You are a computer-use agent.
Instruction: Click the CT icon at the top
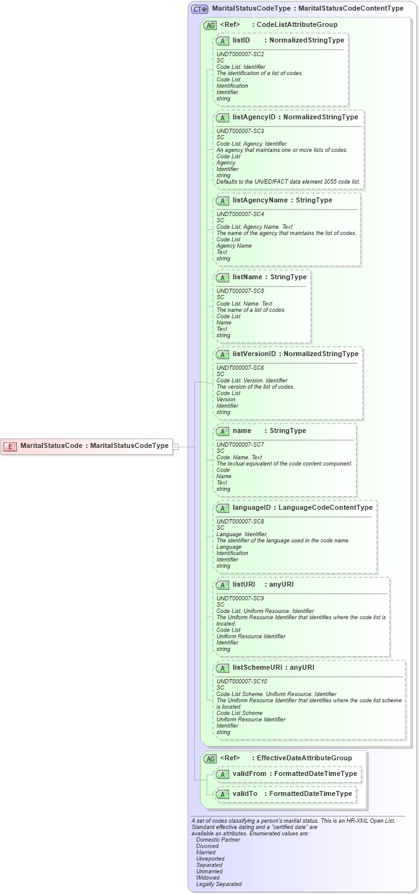199,9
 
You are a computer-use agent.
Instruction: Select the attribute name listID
241,40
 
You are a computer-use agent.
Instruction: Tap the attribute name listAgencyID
254,117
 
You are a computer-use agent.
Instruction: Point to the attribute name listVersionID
255,354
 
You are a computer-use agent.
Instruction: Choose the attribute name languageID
252,507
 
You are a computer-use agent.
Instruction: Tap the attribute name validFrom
249,773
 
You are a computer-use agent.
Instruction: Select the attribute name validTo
245,793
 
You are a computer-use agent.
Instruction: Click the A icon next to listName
222,277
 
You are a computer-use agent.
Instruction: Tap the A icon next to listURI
222,585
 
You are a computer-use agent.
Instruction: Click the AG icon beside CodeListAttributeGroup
210,25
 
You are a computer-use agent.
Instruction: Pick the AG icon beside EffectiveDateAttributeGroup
210,758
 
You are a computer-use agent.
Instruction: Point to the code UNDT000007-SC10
241,681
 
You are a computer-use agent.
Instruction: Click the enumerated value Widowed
207,878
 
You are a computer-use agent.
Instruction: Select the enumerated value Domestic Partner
218,840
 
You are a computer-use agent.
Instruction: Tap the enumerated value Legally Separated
219,884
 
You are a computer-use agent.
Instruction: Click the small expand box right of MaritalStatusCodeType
175,446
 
